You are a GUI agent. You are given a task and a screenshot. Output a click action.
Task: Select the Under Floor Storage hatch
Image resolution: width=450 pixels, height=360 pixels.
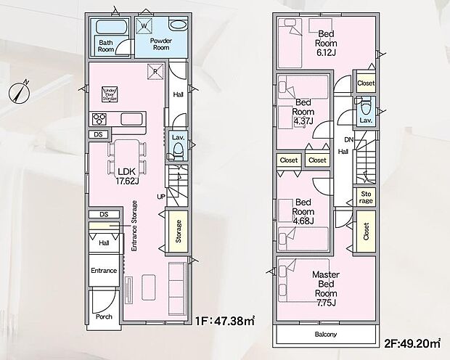point(109,94)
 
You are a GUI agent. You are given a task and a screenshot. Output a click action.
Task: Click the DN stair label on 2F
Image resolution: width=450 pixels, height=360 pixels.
point(348,139)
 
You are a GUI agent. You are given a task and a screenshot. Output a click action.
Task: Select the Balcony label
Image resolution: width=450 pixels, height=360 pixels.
point(326,335)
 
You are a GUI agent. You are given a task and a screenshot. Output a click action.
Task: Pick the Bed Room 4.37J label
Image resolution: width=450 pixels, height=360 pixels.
point(303,111)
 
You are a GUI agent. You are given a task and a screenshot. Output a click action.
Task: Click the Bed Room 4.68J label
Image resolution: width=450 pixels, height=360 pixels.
point(303,212)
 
